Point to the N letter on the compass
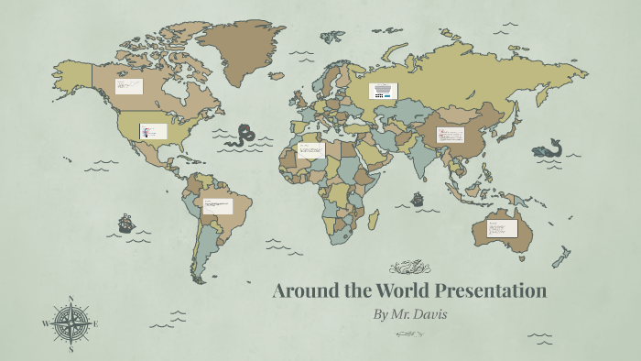pos(71,299)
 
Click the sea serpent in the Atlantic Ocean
pos(244,136)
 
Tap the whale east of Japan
pos(549,148)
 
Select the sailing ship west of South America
pos(125,223)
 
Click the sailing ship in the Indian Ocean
pos(418,198)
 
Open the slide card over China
pos(451,136)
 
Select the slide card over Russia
pos(384,91)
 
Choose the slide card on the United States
pos(153,132)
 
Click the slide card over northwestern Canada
pos(128,86)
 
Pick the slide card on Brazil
pos(218,205)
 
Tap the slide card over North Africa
pos(310,149)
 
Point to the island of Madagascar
pos(374,220)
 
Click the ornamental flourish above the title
pos(409,268)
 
